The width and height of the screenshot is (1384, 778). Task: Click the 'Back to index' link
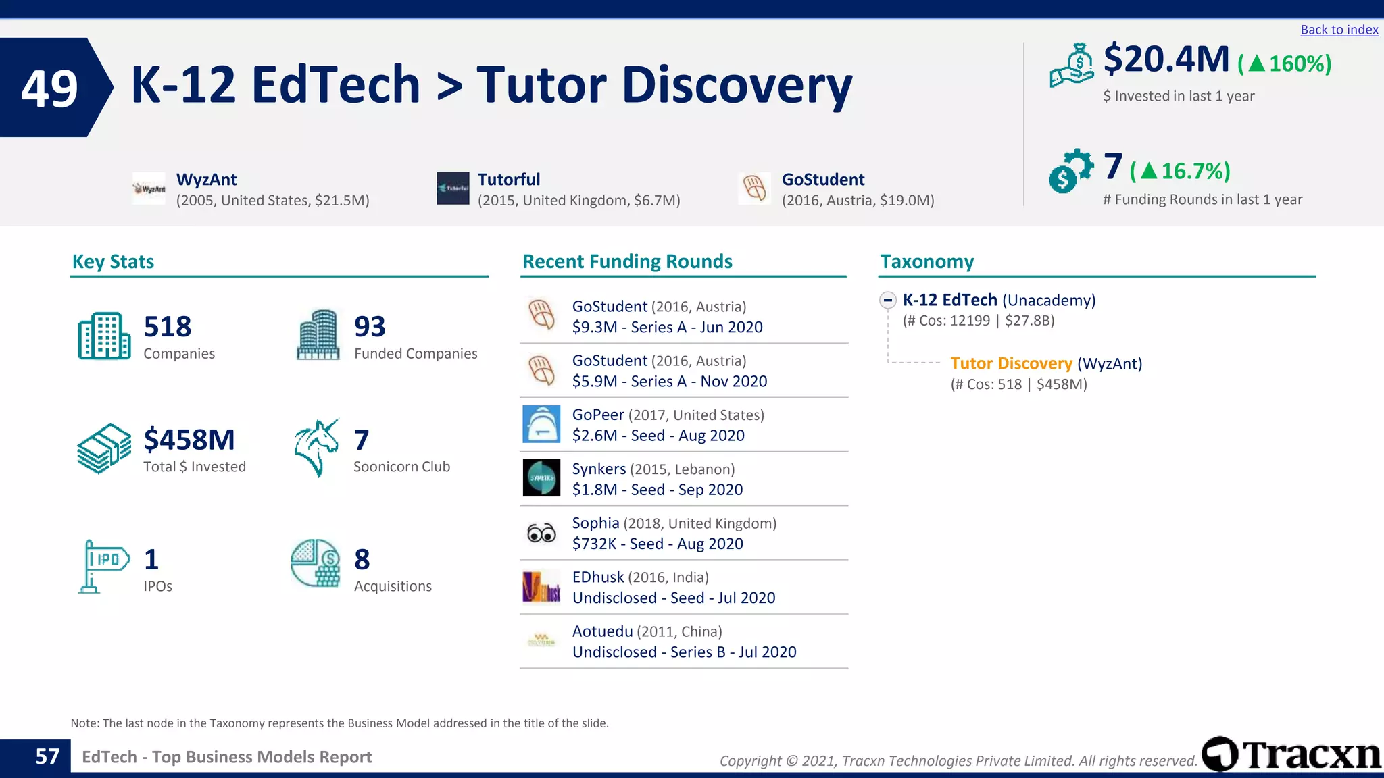[1339, 30]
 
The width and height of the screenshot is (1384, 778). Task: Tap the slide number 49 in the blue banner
[49, 88]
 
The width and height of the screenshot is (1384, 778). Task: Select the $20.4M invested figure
[1166, 59]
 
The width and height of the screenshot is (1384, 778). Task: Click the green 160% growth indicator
[1285, 63]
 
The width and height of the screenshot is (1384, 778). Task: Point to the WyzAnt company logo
[149, 189]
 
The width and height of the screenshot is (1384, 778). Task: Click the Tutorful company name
[509, 180]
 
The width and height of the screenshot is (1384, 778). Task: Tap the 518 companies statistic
[168, 327]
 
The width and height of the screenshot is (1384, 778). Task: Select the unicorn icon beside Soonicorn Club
[316, 448]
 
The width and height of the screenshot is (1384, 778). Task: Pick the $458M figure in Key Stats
[189, 440]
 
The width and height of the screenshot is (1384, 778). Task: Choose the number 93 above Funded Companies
[370, 327]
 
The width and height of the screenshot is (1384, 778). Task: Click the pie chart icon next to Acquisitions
[316, 563]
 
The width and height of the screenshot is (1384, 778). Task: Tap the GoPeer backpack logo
[541, 424]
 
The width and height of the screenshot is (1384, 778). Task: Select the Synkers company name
[599, 469]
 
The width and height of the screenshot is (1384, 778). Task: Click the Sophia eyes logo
[541, 534]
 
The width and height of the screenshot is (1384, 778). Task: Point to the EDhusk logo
[541, 587]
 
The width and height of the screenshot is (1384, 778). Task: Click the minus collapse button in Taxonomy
[888, 301]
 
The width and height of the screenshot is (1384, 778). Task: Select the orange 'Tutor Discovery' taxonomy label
[1011, 363]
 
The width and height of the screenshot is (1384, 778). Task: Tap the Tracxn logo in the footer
[1291, 754]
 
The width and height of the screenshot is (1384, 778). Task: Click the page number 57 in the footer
[47, 756]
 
